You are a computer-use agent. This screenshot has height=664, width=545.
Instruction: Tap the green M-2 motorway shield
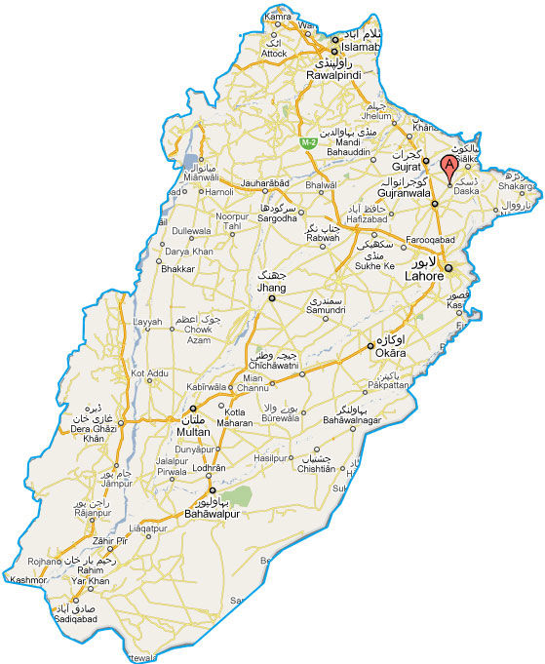(x=307, y=143)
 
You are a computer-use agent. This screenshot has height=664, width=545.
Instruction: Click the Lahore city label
(x=425, y=277)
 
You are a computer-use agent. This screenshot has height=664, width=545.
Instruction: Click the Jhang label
(x=270, y=290)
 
